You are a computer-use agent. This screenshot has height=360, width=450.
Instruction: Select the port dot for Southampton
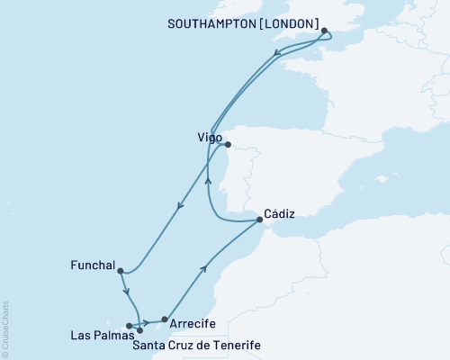click(323, 31)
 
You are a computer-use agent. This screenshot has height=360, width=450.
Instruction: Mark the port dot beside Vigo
click(228, 144)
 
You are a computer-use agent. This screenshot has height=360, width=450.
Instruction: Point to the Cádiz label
click(280, 215)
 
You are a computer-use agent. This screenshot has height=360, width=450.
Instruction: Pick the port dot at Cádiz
click(259, 219)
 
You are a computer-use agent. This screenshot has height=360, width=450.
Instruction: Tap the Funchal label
click(92, 265)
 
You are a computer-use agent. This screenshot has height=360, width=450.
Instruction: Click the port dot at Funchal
click(120, 270)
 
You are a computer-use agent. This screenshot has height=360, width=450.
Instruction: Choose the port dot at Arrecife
click(164, 318)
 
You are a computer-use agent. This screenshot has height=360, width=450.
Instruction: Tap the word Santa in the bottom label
click(149, 344)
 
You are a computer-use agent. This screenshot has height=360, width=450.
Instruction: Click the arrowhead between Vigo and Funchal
click(180, 206)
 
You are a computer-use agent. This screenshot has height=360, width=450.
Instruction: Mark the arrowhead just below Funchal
click(129, 292)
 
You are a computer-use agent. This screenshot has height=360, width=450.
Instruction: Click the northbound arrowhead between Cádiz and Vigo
click(209, 180)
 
